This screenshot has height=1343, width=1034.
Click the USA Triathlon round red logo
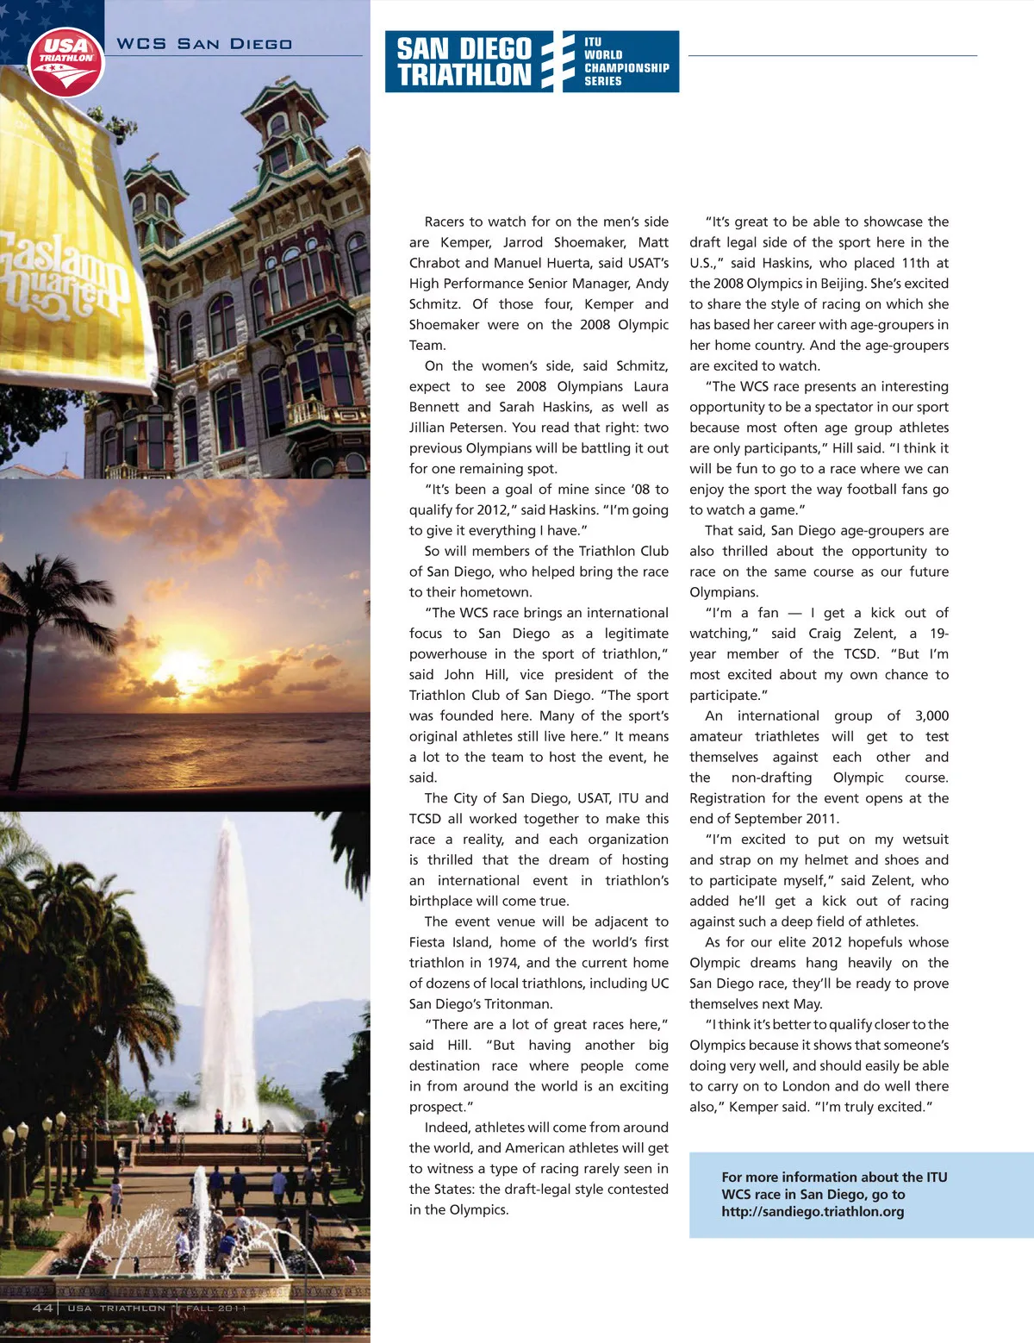65,60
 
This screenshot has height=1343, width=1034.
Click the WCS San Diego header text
204,44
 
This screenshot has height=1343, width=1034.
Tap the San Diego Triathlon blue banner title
464,61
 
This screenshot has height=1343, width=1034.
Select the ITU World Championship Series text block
626,61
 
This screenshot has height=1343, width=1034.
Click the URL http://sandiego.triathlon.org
813,1211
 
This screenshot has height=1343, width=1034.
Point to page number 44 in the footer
42,1308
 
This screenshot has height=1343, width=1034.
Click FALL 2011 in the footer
216,1308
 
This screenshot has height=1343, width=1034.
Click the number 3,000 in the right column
931,715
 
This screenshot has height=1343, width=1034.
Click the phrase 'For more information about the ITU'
834,1177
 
